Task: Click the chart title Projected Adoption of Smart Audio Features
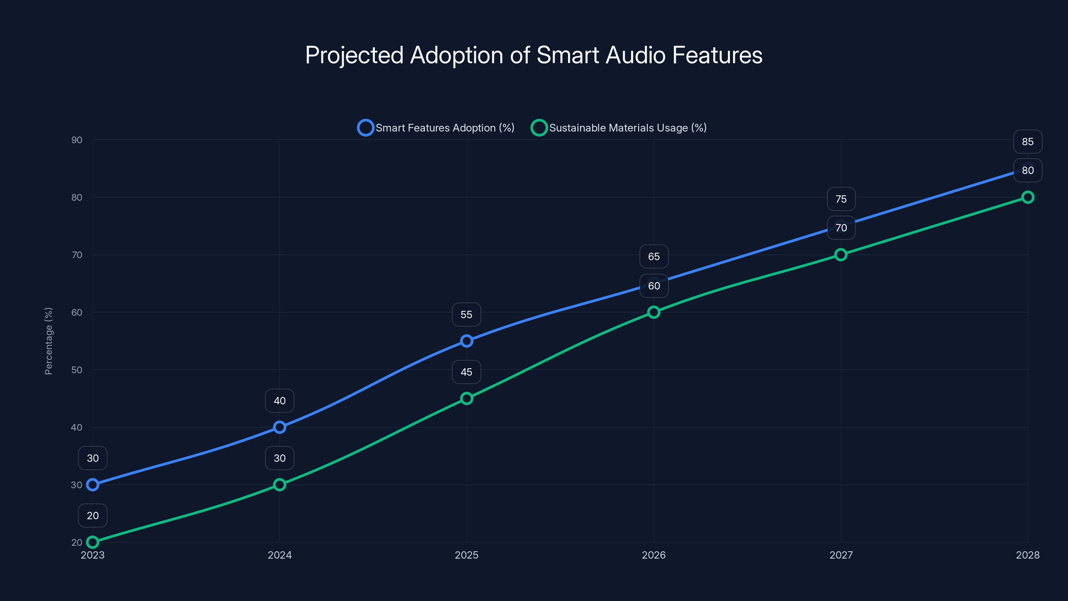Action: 534,55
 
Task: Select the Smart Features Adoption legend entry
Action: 436,128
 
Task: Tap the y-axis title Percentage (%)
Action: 48,341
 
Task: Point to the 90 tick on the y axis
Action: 77,140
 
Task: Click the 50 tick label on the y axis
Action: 77,370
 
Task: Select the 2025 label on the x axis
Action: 467,555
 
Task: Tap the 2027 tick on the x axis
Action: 841,555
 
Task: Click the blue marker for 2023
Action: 92,484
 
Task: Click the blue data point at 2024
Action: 279,427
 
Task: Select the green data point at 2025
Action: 467,398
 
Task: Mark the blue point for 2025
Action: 467,341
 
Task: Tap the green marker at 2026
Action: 653,312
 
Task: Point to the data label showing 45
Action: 467,372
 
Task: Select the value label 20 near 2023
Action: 92,516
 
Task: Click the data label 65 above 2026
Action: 654,257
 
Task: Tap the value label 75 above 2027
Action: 841,199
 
